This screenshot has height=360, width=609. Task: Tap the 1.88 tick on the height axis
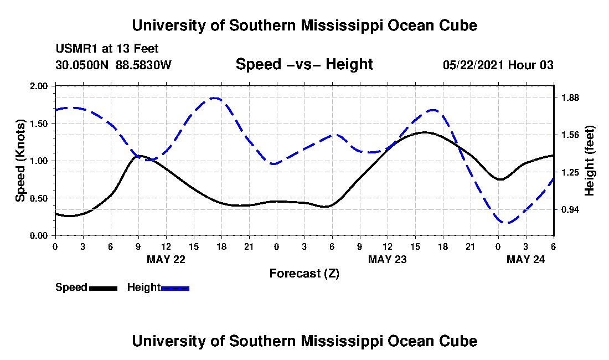coord(570,98)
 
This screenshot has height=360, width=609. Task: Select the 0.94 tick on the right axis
coord(570,209)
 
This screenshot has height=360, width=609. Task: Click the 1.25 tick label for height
coord(570,172)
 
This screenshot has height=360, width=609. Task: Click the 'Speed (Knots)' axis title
coord(20,160)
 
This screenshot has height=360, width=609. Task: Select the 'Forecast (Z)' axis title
coord(304,273)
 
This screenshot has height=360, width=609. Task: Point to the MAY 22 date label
coord(166,259)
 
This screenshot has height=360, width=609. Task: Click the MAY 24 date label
coord(526,259)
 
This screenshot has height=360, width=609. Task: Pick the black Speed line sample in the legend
coord(103,288)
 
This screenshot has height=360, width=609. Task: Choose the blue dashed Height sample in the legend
coord(175,288)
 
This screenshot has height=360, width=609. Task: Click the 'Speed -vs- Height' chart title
coord(304,64)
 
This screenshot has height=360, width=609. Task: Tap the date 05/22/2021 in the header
coord(473,65)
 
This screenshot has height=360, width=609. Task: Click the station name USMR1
coord(74,49)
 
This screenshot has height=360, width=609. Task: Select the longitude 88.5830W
coord(144,65)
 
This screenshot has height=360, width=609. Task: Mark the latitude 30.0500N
coord(82,65)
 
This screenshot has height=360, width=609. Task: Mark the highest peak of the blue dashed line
coord(215,98)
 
